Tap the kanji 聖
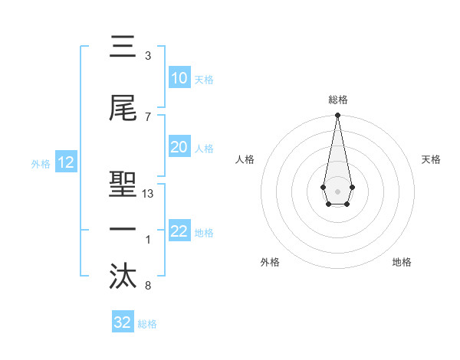(123, 182)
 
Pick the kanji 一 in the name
(123, 230)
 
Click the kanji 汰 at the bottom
(123, 277)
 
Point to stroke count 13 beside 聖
(148, 194)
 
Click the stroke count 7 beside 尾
(148, 116)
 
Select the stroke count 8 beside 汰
(148, 286)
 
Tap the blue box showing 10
(179, 78)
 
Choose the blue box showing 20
(179, 148)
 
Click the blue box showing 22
(179, 231)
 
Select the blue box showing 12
(65, 162)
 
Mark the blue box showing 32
(123, 322)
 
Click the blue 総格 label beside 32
(147, 324)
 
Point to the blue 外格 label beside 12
(41, 163)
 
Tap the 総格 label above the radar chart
(338, 100)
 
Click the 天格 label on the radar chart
(431, 159)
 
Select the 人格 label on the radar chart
(245, 159)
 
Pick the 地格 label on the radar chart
(402, 262)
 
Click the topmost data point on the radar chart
(337, 116)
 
